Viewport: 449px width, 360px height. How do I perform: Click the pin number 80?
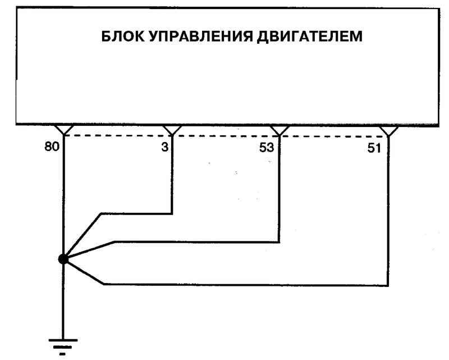pos(52,147)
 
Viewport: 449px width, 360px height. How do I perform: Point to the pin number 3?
pos(164,147)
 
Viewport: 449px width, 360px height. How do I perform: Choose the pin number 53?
pos(267,148)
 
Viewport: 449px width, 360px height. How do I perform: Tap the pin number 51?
pos(374,148)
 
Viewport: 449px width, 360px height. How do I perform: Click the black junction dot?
pos(63,259)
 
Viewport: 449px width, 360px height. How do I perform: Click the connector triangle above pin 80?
pos(64,130)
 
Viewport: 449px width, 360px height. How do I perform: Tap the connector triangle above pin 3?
pos(172,130)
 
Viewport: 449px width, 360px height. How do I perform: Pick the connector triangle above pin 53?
pos(280,130)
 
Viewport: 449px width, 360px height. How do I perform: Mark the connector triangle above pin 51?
pos(388,131)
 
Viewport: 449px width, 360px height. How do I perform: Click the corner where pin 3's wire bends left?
pos(172,213)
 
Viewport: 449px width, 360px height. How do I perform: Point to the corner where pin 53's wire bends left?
pos(279,243)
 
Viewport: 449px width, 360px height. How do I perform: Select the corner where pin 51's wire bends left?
pos(388,285)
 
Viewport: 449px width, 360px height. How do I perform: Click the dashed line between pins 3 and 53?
pos(226,136)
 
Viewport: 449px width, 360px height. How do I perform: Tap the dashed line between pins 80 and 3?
pos(118,135)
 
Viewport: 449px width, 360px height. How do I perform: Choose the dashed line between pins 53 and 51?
pos(333,136)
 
